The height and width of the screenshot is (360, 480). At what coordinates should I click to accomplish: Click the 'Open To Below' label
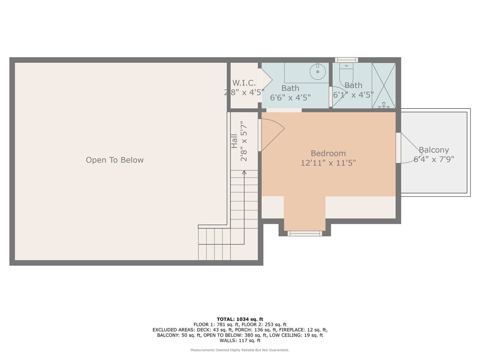click(x=114, y=160)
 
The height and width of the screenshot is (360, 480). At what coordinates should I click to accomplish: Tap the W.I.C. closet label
click(x=244, y=83)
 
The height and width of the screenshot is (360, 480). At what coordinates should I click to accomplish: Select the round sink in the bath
click(x=318, y=72)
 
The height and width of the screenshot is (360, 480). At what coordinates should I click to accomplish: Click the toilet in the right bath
click(x=346, y=74)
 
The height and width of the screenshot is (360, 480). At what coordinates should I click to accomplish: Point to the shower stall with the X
click(x=384, y=86)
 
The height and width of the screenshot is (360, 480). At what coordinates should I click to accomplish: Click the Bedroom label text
click(x=328, y=154)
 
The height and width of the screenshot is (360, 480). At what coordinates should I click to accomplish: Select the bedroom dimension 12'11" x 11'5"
click(x=328, y=163)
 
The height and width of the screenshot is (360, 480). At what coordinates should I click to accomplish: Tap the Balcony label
click(x=434, y=150)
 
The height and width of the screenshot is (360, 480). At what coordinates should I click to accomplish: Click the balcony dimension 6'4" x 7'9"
click(x=434, y=159)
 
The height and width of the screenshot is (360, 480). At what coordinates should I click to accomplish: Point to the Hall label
click(x=234, y=141)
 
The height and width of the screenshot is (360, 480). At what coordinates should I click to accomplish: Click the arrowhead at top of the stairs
click(x=244, y=172)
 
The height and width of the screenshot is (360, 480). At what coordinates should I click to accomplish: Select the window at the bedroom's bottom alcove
click(x=305, y=234)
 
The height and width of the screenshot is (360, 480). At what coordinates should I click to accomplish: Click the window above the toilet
click(x=346, y=60)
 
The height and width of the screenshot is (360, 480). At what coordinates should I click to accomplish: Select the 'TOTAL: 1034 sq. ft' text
click(x=240, y=319)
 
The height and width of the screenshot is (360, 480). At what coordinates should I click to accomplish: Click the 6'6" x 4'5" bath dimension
click(x=290, y=98)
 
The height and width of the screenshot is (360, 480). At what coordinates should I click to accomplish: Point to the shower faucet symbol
click(x=384, y=105)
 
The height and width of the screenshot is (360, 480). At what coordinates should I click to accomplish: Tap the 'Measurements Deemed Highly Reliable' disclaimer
click(x=240, y=350)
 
